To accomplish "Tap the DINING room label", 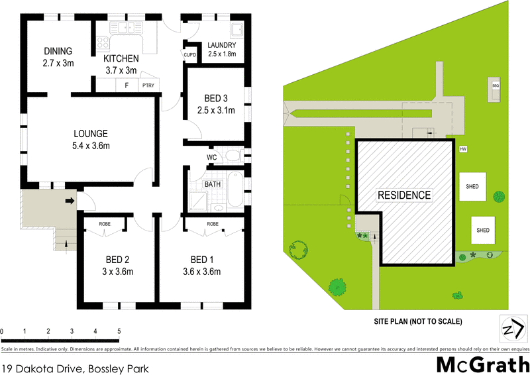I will tap(58, 52).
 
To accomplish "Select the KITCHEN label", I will tap(121, 59).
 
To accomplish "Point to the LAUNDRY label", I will tap(221, 45).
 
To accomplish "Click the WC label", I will tap(212, 157).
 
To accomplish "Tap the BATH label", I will tap(213, 184).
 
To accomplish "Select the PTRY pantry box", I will tap(148, 85).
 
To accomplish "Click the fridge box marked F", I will tap(125, 85).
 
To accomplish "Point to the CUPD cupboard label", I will tap(189, 54).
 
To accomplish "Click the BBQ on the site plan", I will tap(495, 86).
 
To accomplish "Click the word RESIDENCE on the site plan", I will tap(404, 195).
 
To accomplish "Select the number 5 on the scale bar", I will tap(119, 330).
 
